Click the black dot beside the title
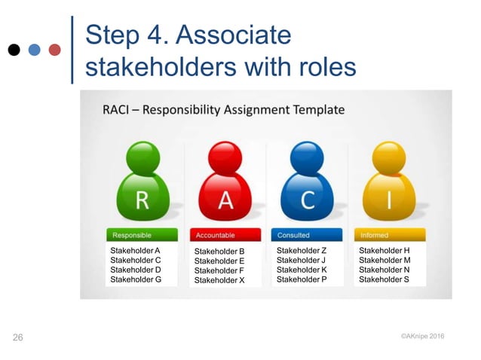tap(14, 50)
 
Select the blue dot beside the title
tap(34, 50)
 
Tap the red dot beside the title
tap(54, 50)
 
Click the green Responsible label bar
tap(142, 235)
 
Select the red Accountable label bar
tap(225, 235)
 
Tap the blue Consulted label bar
tap(307, 235)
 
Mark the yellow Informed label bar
tap(389, 235)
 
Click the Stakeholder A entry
tap(136, 250)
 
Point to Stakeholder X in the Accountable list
tap(219, 280)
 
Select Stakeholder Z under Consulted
tap(302, 250)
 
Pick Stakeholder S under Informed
tap(384, 279)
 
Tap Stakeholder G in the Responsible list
tap(136, 279)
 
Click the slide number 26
tap(18, 337)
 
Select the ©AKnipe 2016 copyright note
tap(422, 336)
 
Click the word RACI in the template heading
tap(119, 110)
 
